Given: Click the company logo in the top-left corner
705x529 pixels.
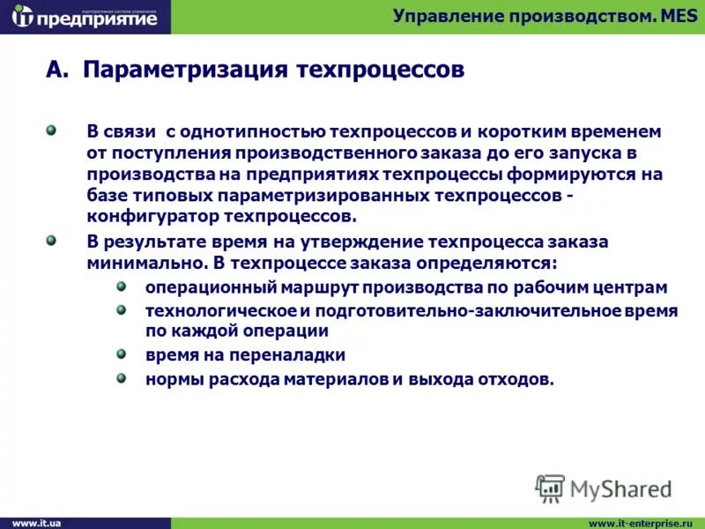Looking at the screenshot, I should click(85, 17).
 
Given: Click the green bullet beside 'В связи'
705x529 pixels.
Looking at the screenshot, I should click(51, 130).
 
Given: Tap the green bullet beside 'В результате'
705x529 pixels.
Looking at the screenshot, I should click(51, 240).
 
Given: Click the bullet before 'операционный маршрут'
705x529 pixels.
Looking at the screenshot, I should click(122, 287).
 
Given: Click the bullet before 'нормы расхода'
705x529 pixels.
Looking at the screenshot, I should click(122, 377).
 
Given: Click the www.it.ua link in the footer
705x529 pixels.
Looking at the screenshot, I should click(36, 523).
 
